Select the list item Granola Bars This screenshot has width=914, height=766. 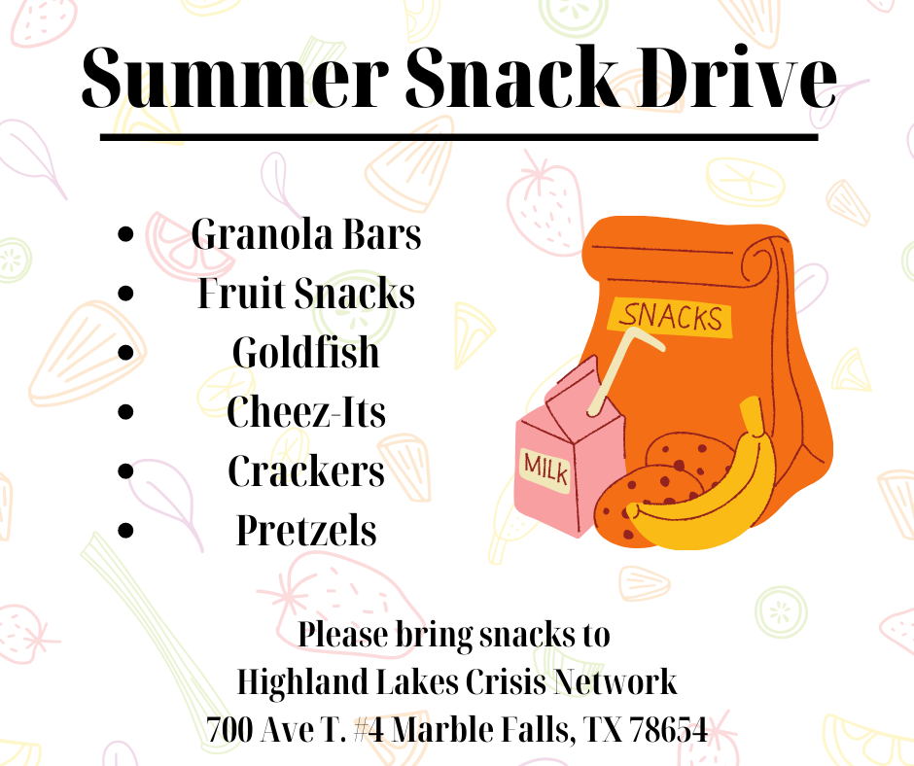point(306,234)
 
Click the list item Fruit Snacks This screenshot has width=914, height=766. point(306,294)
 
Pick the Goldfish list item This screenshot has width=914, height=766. point(306,353)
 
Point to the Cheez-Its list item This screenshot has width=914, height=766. point(306,411)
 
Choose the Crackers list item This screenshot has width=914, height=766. point(306,471)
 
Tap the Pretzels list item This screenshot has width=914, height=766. point(306,531)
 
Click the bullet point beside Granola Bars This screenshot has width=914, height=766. point(125,234)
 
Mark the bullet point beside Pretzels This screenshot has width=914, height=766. point(125,531)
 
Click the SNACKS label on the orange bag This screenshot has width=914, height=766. point(670,317)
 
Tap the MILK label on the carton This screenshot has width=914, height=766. point(545,469)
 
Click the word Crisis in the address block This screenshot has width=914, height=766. point(506,681)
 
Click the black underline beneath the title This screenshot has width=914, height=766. point(459,138)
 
